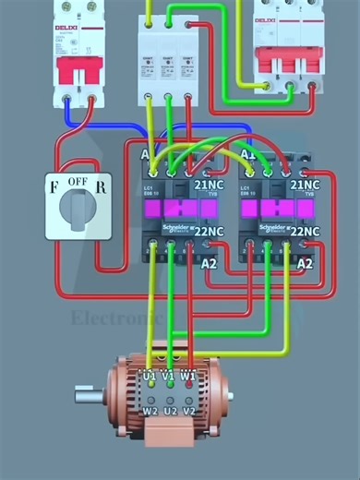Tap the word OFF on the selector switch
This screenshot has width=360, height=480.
78,183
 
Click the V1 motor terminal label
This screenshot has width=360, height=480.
168,377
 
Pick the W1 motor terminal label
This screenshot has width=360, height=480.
187,377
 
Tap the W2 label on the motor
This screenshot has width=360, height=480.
150,409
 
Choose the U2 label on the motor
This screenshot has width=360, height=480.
168,409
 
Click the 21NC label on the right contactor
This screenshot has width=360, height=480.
309,185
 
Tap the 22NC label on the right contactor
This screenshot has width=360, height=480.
309,231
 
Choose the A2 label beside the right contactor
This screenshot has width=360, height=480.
306,263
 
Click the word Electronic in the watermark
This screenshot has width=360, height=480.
116,319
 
